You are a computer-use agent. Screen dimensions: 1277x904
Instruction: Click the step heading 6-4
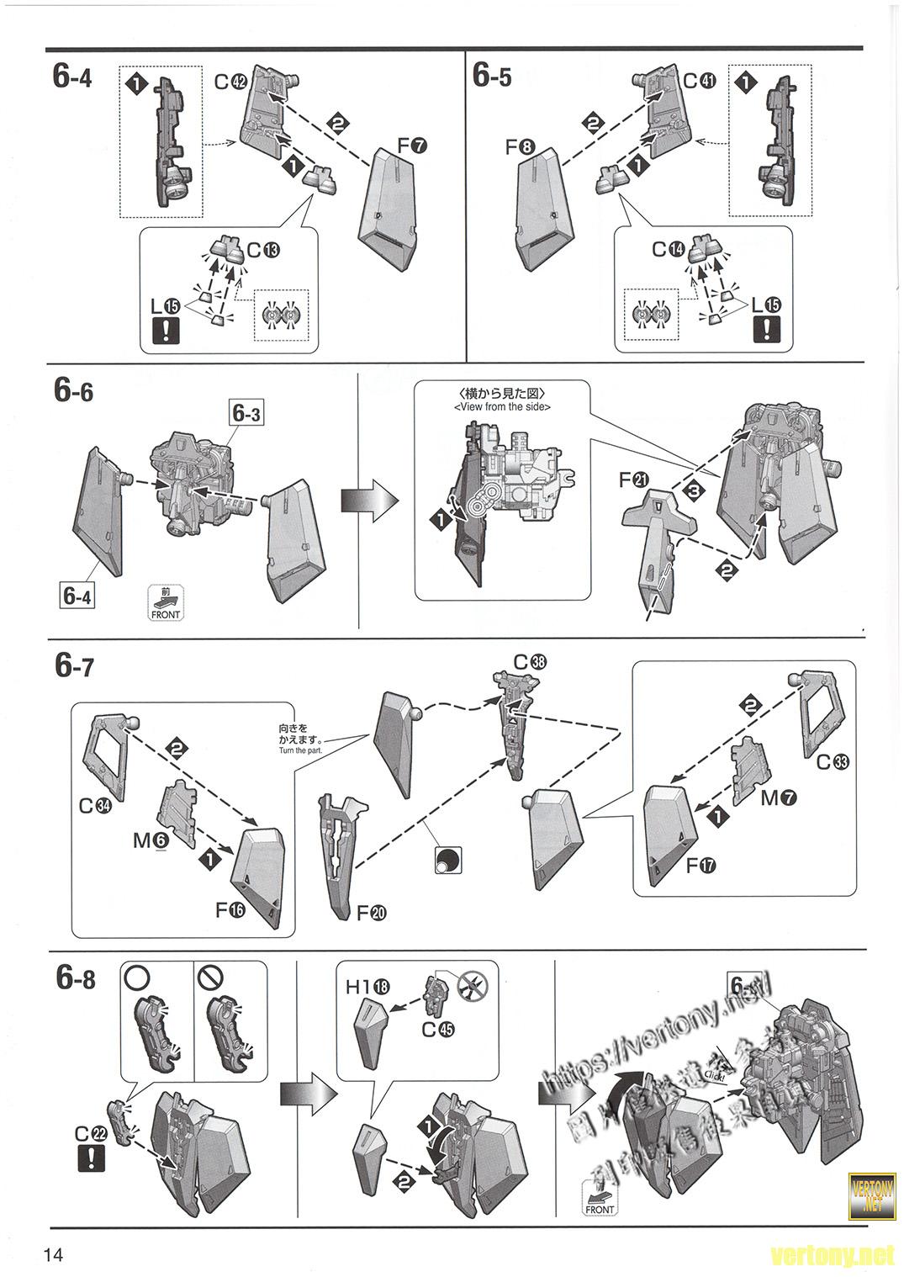[71, 77]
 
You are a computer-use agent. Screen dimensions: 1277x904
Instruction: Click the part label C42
[230, 82]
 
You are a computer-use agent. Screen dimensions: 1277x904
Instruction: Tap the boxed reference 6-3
[246, 414]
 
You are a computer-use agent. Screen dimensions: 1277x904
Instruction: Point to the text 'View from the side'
[502, 407]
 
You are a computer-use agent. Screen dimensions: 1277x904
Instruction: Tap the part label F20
[373, 912]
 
